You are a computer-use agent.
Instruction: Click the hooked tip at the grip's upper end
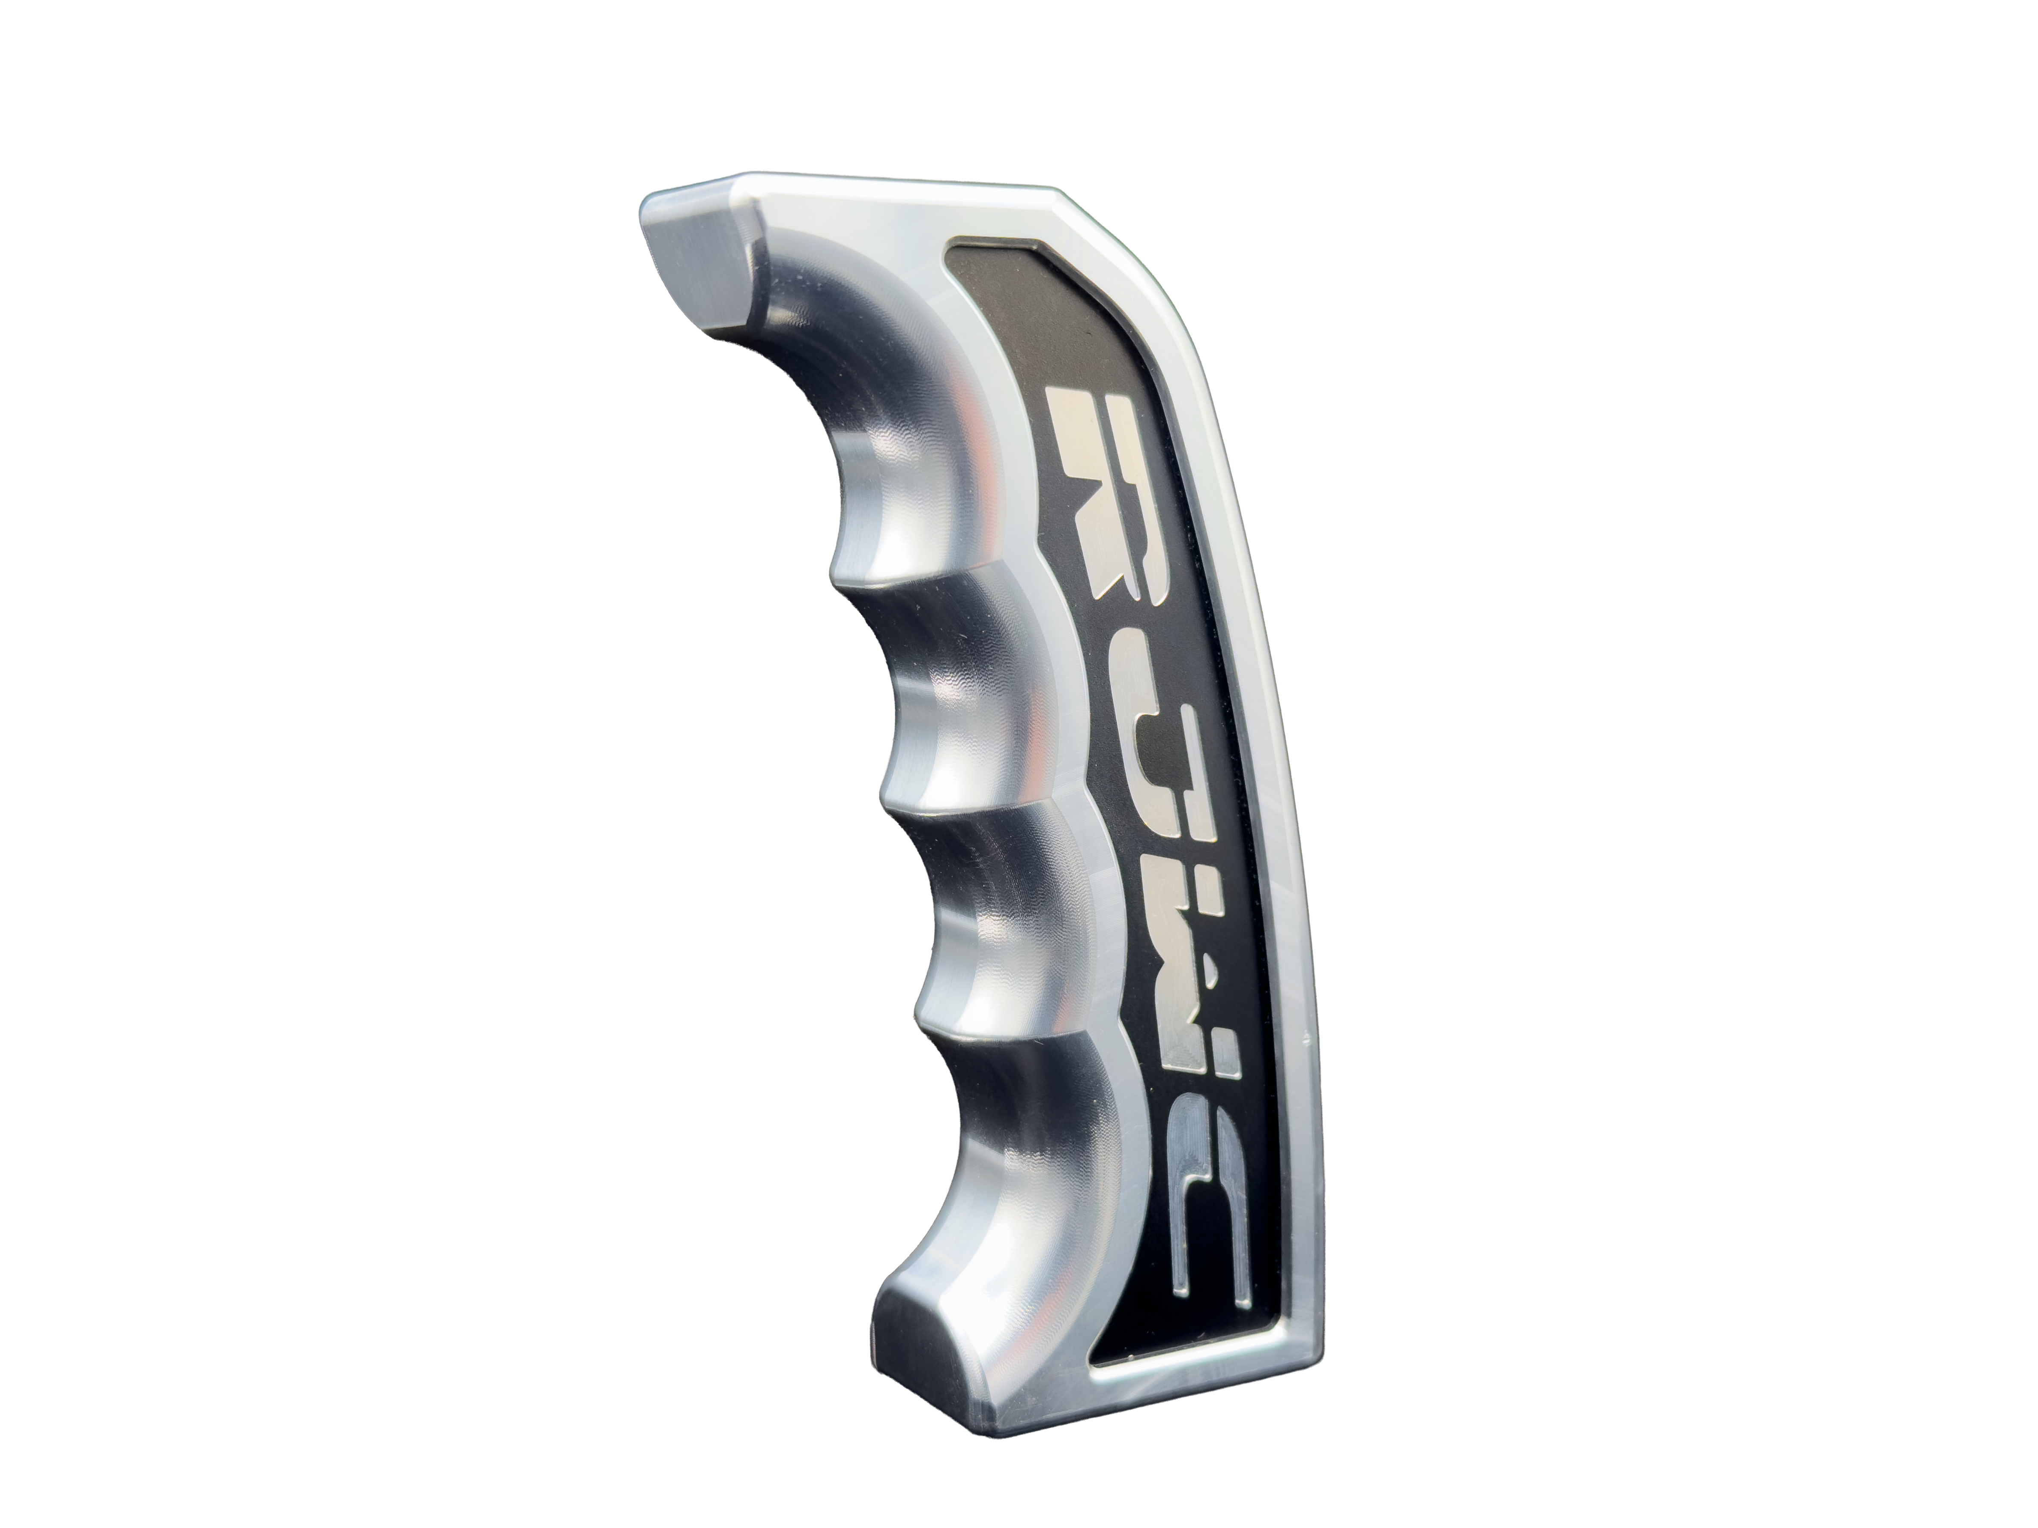pyautogui.click(x=700, y=267)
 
